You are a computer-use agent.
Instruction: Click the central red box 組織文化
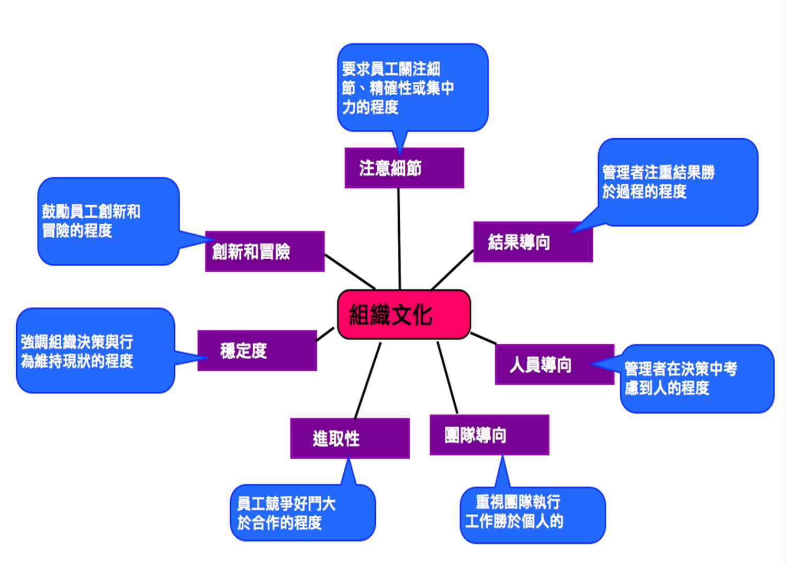coord(404,314)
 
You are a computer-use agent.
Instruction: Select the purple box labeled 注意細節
coord(404,168)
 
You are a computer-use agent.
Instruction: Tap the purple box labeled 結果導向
coord(533,241)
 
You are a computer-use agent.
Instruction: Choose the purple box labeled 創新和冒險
coord(265,251)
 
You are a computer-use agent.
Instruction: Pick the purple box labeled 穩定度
coord(257,350)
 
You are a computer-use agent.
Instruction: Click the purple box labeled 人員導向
coord(554,364)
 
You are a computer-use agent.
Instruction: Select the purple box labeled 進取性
coord(350,438)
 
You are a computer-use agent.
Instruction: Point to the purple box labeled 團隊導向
coord(489,435)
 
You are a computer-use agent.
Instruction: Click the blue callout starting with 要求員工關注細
coord(413,88)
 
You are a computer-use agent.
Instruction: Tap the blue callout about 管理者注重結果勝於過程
coord(678,182)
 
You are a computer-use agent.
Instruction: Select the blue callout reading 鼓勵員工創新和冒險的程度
coord(108,221)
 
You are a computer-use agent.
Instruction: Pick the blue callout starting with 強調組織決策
coord(95,350)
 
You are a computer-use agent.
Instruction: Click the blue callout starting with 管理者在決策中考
coord(697,379)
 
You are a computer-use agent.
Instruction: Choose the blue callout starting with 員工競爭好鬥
coord(302,512)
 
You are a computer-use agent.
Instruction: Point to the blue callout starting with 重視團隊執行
coord(533,515)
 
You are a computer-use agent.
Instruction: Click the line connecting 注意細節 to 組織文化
coord(399,239)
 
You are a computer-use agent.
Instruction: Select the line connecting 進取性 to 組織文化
coord(367,381)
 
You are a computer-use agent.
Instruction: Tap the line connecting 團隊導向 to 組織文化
coord(447,378)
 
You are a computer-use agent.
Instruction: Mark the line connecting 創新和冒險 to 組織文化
coord(350,271)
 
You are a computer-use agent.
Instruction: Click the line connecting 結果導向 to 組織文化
coord(452,270)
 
